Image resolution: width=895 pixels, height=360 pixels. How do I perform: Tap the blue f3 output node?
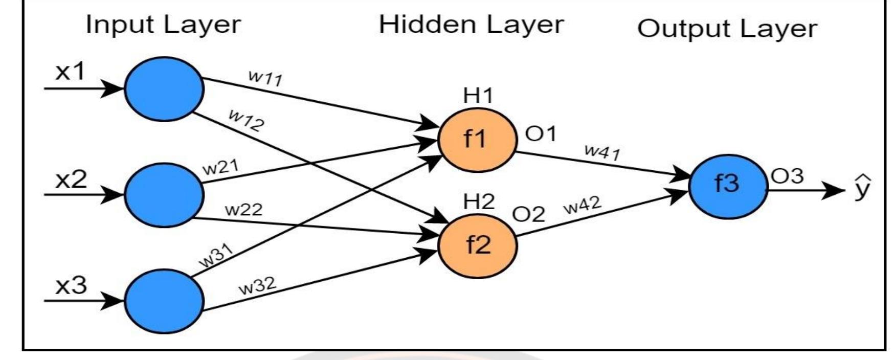[728, 185]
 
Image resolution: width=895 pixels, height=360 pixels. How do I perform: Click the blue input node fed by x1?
[164, 88]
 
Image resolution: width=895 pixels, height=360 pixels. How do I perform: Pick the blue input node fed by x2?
[164, 195]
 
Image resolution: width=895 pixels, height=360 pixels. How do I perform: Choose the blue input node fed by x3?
[164, 301]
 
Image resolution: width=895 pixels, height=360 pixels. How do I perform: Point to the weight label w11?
[265, 78]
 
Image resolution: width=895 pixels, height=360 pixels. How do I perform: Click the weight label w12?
[247, 121]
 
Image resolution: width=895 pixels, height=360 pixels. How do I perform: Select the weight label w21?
[220, 167]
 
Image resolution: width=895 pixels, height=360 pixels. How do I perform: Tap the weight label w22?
[243, 210]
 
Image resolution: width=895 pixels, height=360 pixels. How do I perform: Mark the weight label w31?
[216, 255]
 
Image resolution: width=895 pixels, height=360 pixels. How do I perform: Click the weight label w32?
[257, 286]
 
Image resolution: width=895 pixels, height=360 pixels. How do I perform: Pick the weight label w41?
[602, 152]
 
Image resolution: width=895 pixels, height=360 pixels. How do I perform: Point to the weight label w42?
[582, 206]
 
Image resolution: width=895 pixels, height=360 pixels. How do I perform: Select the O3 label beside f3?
[787, 176]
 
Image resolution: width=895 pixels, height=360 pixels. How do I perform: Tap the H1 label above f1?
[478, 96]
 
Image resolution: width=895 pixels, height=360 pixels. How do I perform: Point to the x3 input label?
[71, 285]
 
